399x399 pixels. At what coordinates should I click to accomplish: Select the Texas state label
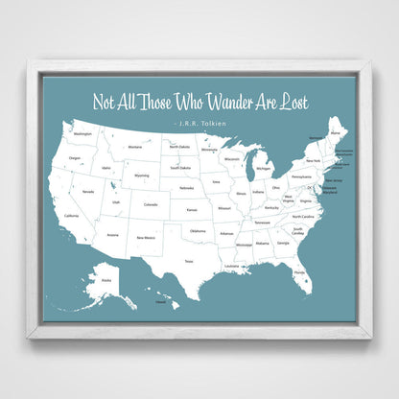[189, 260]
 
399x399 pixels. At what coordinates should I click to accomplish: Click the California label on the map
[71, 216]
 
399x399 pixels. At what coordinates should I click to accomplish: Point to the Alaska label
[106, 279]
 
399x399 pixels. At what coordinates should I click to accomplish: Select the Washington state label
[83, 134]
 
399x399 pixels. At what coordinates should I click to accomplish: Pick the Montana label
[134, 147]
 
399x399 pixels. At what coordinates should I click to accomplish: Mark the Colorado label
[151, 204]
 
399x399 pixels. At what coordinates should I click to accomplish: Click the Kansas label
[192, 209]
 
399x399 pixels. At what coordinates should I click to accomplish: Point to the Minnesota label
[208, 150]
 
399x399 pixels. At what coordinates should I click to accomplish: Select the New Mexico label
[145, 237]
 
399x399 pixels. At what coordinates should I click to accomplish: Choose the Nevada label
[87, 192]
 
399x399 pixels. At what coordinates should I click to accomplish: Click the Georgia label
[283, 243]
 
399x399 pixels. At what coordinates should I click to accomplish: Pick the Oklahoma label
[197, 231]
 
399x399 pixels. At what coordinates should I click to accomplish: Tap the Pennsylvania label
[301, 177]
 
